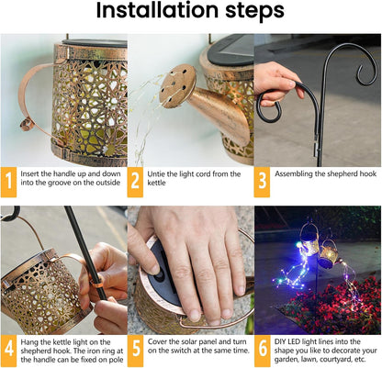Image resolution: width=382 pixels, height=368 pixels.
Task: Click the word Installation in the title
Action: (158, 10)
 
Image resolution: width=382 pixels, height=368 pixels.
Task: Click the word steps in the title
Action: (255, 12)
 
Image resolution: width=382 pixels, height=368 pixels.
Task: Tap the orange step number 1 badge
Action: (8, 182)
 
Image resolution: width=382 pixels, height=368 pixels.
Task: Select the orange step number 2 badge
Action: (135, 182)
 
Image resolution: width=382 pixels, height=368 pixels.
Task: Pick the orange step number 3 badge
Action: (262, 182)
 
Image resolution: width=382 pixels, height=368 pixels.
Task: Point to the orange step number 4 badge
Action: (8, 351)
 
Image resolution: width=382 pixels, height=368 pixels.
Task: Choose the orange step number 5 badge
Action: (135, 351)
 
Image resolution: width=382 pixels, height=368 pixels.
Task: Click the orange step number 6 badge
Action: (263, 351)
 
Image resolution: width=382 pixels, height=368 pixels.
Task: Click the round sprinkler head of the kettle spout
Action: (177, 86)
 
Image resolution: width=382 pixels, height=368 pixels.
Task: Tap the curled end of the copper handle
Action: (27, 124)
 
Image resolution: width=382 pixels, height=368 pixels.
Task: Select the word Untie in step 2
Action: (156, 174)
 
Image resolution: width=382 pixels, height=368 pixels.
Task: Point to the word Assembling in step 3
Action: (293, 174)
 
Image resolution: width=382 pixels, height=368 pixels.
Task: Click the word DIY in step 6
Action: (280, 341)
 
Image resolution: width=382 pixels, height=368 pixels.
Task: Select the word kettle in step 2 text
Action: (156, 183)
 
